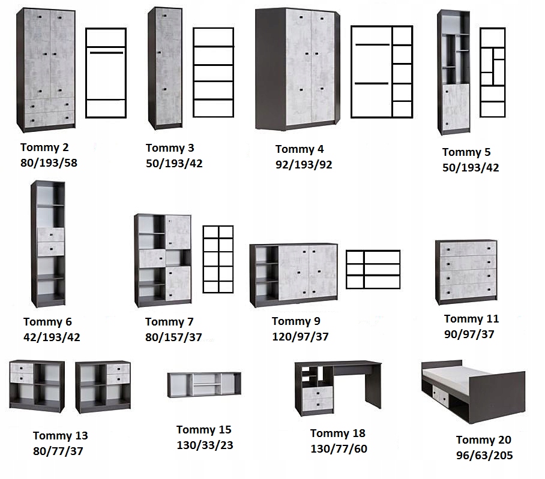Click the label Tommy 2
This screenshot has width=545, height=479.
(x=44, y=147)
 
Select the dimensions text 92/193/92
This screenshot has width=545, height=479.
(x=304, y=164)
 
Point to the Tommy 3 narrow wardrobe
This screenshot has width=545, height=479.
(x=165, y=67)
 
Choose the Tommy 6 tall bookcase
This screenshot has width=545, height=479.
(x=48, y=243)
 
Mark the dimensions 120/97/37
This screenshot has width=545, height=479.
(x=300, y=337)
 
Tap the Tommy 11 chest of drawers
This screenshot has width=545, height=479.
(x=466, y=272)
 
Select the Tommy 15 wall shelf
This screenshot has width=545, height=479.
(x=204, y=384)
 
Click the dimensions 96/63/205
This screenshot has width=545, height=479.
(x=484, y=455)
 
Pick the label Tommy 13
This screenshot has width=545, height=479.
(x=60, y=436)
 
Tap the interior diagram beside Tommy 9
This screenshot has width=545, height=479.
(x=373, y=270)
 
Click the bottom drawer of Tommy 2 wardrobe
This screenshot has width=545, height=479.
(x=45, y=118)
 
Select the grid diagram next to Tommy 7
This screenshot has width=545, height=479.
(x=218, y=259)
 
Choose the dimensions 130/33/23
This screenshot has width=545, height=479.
(x=205, y=445)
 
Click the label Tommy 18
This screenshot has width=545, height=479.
(x=338, y=433)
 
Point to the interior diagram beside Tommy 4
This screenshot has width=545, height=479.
(x=382, y=71)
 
